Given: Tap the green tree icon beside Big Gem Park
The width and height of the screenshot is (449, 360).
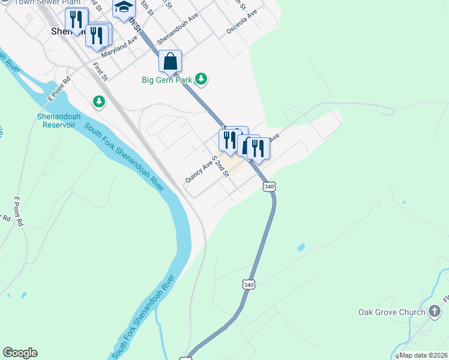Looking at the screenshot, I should pos(202,79).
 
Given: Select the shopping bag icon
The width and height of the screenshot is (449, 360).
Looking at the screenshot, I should pos(170,61).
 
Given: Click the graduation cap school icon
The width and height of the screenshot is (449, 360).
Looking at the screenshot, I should pos(124,8).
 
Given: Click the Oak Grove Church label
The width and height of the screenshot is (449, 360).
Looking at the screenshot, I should pos(391,312).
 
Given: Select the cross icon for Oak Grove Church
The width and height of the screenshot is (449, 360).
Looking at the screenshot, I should pos(435,311).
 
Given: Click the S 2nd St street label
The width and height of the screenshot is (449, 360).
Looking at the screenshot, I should pos(221,164).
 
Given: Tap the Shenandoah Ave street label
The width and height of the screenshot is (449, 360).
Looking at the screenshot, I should pos(178,29).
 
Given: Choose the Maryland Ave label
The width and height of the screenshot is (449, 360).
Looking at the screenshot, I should pos(119,46).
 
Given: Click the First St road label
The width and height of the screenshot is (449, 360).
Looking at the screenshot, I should pos(100,70).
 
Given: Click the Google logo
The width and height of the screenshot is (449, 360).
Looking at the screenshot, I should pos(20,353).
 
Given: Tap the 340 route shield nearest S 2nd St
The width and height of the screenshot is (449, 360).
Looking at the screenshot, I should pos(269,187).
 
